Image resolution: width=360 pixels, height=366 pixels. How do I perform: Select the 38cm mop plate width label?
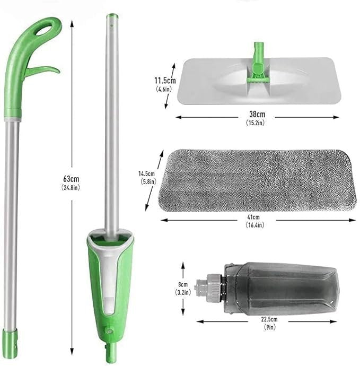[257, 114]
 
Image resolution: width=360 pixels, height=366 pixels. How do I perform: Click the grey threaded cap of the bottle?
[206, 289]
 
